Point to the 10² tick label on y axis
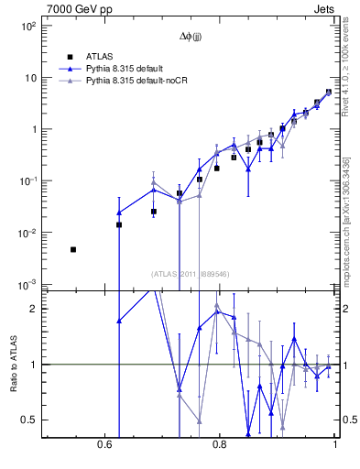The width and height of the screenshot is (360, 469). pos(28,27)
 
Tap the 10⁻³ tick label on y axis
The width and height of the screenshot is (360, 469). pos(27,286)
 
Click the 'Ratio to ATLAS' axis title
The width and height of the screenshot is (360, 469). pos(12,365)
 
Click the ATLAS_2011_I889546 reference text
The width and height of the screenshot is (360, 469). pos(190,273)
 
